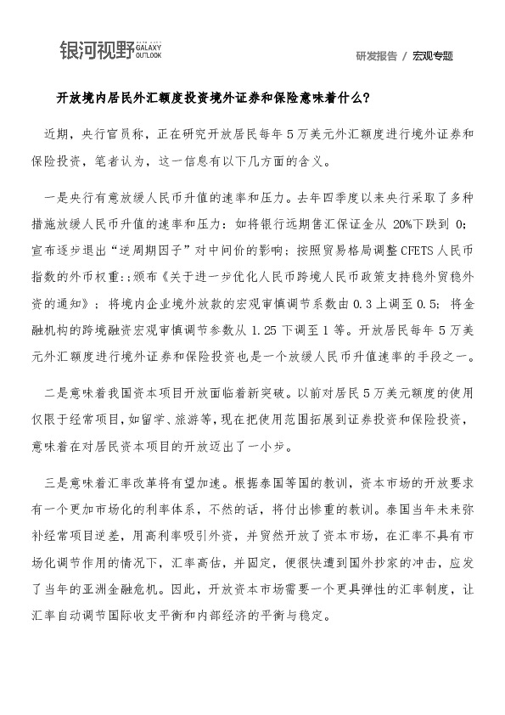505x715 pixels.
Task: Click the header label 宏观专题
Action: (433, 56)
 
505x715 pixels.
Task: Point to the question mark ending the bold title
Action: (366, 97)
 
